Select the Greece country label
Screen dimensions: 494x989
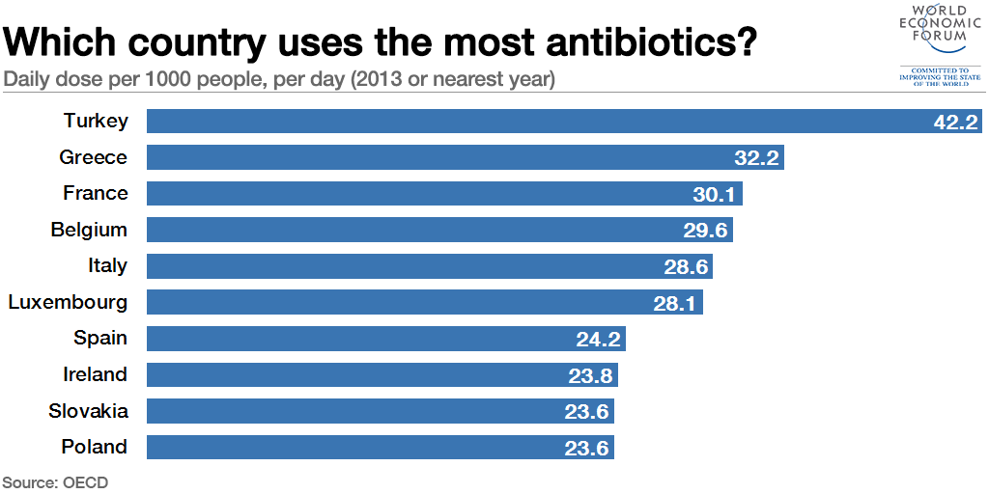coord(93,157)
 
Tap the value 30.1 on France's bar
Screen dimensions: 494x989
coord(715,194)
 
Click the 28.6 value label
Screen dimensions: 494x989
coord(686,266)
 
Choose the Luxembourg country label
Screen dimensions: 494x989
coord(68,302)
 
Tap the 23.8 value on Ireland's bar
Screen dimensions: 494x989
coord(590,375)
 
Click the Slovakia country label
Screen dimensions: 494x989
coord(88,411)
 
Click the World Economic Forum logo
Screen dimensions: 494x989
coord(933,44)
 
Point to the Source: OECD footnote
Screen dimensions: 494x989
coord(55,481)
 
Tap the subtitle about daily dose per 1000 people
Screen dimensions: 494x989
coord(279,79)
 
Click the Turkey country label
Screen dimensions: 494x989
coord(96,121)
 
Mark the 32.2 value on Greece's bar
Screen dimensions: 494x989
coord(756,158)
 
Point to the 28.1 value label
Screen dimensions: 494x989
coord(676,303)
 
